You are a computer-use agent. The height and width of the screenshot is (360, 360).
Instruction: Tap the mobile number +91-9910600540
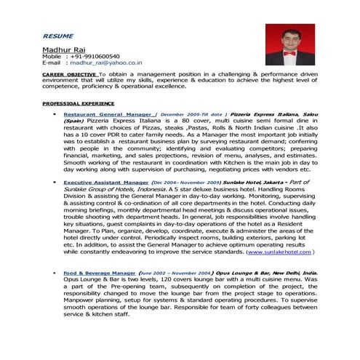(95, 56)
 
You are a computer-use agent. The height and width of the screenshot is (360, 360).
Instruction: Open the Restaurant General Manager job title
(108, 115)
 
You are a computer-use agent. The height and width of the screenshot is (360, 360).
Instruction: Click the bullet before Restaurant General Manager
(55, 115)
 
